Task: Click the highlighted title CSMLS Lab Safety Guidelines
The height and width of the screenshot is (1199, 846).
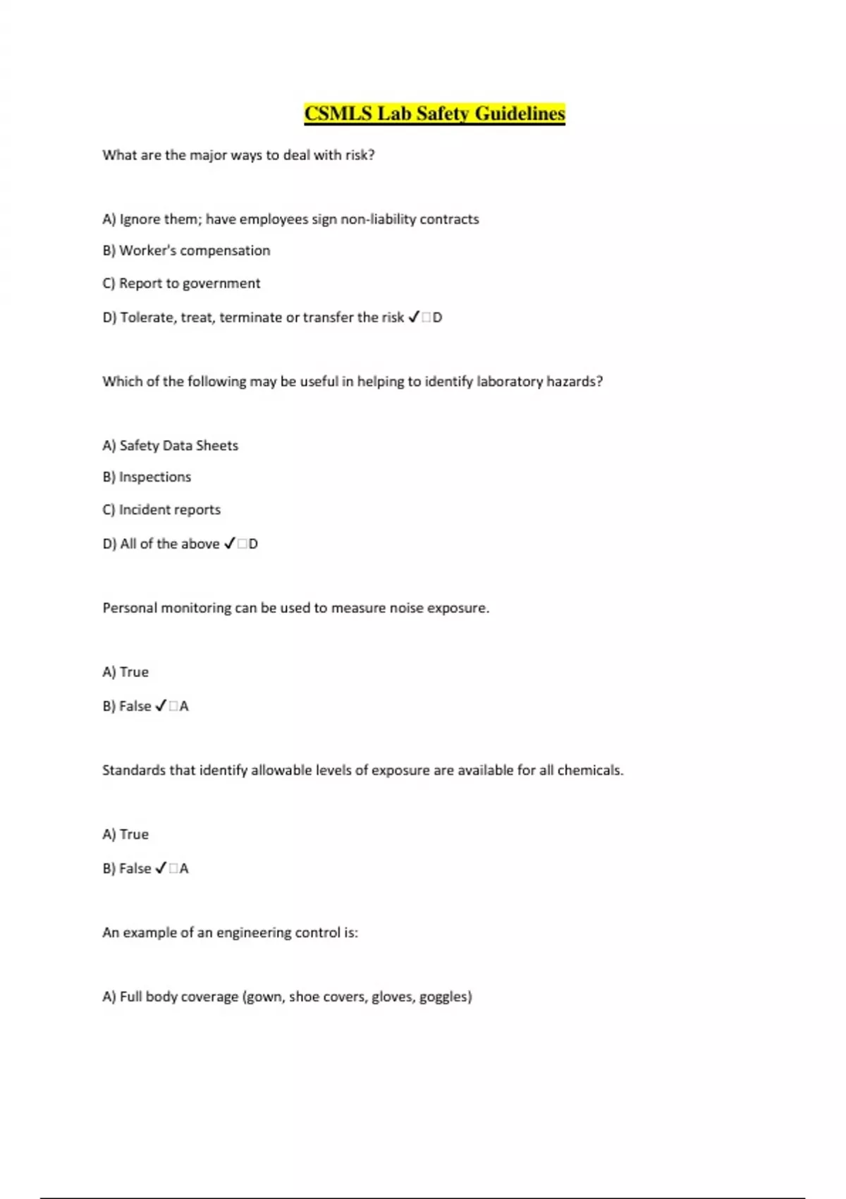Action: pyautogui.click(x=434, y=114)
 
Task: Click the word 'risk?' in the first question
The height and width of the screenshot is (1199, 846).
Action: pyautogui.click(x=360, y=155)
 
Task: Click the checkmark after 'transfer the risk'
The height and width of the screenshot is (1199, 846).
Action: pyautogui.click(x=414, y=317)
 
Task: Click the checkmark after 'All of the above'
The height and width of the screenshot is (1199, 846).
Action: pyautogui.click(x=229, y=544)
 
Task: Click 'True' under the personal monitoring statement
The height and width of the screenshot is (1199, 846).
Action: pyautogui.click(x=134, y=672)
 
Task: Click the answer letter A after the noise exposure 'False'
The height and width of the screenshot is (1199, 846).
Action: pyautogui.click(x=184, y=707)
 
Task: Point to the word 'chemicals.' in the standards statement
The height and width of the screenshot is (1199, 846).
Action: pyautogui.click(x=590, y=770)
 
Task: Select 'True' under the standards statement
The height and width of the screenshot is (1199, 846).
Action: pyautogui.click(x=134, y=834)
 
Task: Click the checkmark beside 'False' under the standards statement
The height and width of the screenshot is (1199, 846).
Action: pyautogui.click(x=161, y=868)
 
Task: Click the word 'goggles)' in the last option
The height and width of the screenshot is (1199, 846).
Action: pyautogui.click(x=446, y=997)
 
